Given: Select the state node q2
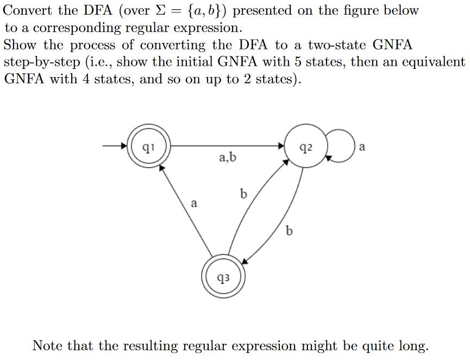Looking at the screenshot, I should click(x=305, y=147).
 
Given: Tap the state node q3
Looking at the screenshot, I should click(x=223, y=277).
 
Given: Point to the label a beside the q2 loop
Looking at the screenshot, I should click(x=363, y=147).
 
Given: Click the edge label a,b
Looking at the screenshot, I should click(x=228, y=158).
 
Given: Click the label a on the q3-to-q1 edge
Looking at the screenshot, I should click(x=194, y=204).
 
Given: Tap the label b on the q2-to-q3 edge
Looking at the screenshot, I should click(x=289, y=232).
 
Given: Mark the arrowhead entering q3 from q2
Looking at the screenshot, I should click(x=245, y=261).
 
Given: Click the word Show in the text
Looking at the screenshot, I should click(x=20, y=45).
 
